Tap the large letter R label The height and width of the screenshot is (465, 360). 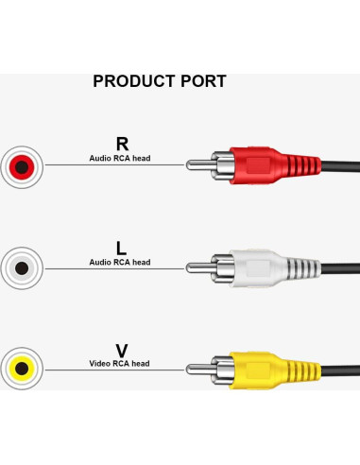click(x=121, y=144)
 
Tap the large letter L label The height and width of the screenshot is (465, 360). click(x=120, y=248)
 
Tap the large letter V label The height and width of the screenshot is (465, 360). click(x=120, y=350)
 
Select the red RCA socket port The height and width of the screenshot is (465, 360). click(x=22, y=169)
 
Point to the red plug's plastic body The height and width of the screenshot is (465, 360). click(x=255, y=166)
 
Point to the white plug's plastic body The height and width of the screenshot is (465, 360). click(x=255, y=267)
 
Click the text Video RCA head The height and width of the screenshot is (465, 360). click(x=120, y=364)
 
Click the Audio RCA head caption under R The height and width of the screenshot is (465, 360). click(x=120, y=159)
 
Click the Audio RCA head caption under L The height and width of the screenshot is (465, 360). click(x=120, y=262)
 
